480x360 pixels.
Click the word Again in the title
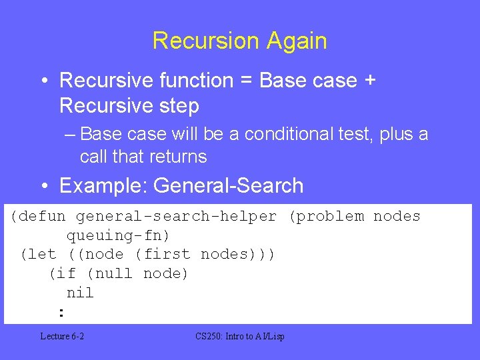point(297,41)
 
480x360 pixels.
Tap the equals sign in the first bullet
point(244,81)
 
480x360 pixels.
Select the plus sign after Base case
point(369,81)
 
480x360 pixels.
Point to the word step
point(177,105)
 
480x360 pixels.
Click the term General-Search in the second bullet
point(228,185)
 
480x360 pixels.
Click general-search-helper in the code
point(176,216)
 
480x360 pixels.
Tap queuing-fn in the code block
point(118,235)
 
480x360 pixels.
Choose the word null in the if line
point(114,273)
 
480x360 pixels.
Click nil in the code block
point(80,293)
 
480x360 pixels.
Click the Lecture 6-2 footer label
point(62,337)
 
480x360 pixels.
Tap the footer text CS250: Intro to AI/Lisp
point(240,337)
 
